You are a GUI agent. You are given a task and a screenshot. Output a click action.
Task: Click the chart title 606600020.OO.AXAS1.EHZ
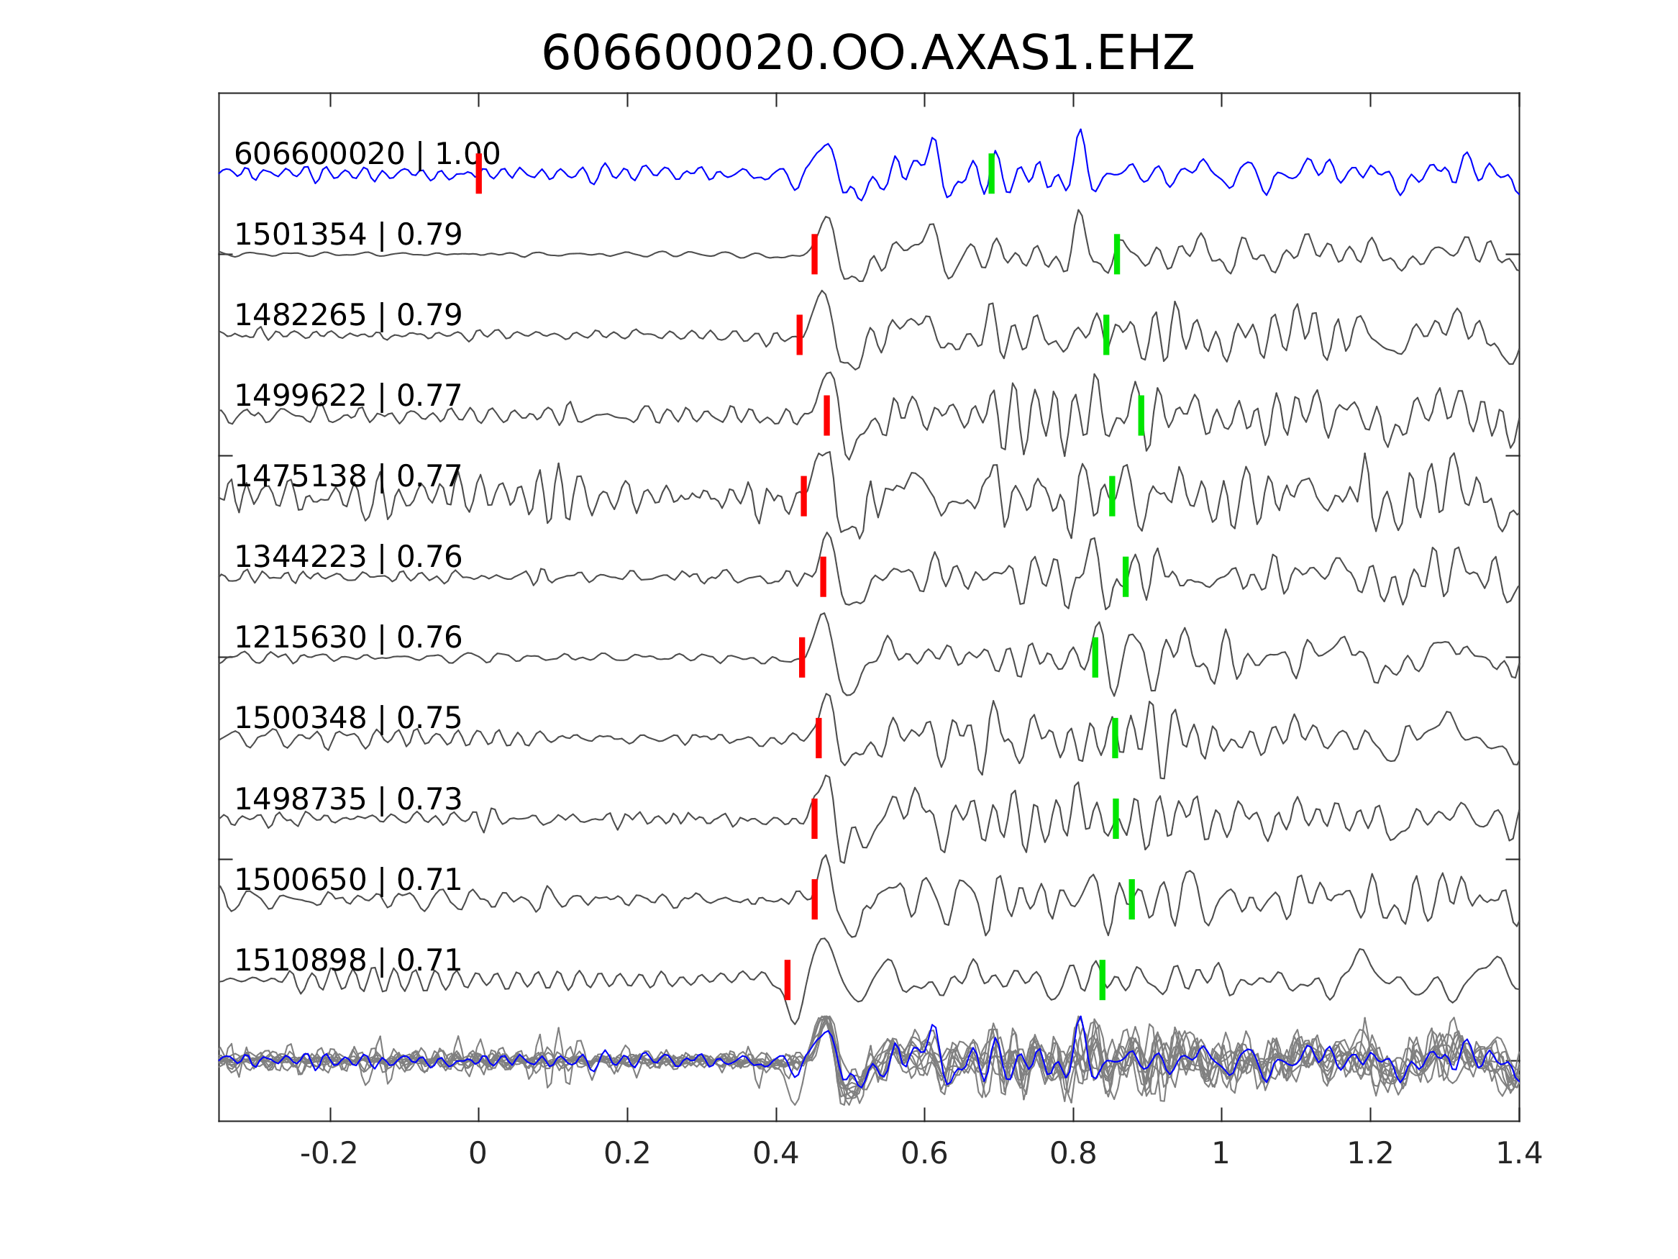[868, 54]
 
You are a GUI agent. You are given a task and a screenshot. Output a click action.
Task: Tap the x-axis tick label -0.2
[329, 1154]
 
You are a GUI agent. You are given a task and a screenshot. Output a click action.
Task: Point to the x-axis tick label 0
[478, 1154]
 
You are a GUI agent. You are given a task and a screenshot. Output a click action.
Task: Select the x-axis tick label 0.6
[924, 1154]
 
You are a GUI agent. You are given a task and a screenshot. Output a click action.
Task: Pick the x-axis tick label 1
[1221, 1154]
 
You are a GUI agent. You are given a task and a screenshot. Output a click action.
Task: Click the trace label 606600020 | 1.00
[367, 154]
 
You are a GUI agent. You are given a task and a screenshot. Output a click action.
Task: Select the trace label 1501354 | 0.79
[348, 235]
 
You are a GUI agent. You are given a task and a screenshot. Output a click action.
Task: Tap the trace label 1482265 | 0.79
[348, 316]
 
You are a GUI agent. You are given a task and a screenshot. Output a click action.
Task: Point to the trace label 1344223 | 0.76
[348, 557]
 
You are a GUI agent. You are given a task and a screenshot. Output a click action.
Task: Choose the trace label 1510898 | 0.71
[348, 960]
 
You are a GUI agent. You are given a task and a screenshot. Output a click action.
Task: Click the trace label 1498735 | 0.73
[348, 799]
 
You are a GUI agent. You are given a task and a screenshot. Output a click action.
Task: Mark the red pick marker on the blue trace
[479, 173]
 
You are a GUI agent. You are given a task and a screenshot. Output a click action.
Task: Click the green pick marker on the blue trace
[991, 173]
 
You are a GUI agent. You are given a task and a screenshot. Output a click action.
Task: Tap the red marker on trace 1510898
[788, 980]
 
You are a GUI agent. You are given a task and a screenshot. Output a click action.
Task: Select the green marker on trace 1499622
[1141, 415]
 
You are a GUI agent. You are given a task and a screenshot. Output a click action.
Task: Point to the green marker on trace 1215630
[1095, 658]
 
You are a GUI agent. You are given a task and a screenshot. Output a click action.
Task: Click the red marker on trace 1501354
[815, 253]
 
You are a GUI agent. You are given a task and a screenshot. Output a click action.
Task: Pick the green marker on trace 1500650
[1132, 899]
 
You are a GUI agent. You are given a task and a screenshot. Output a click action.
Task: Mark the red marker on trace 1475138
[804, 496]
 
